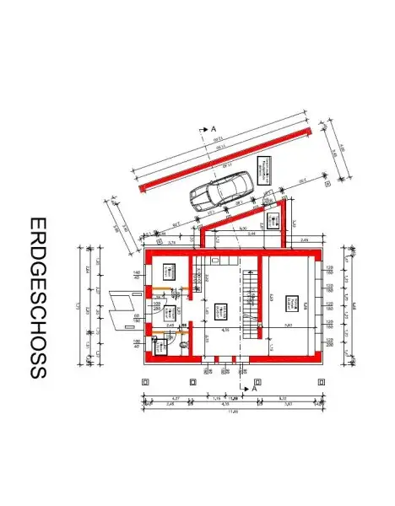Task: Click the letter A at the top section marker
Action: [214, 129]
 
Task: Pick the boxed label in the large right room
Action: [291, 302]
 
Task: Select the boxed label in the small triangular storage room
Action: [273, 221]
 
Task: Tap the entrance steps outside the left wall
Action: [126, 309]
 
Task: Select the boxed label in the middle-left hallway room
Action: [168, 310]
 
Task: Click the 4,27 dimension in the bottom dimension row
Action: [174, 397]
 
